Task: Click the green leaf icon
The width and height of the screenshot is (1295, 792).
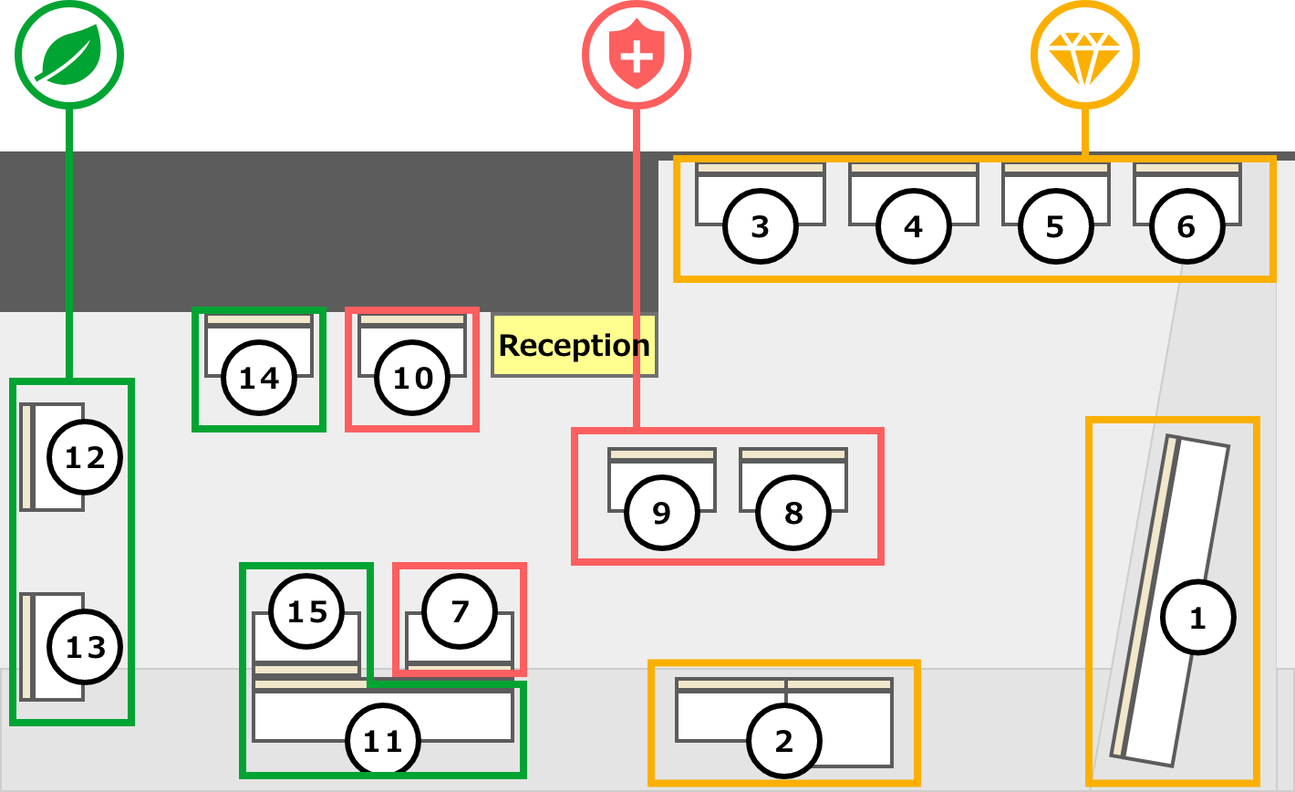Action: point(69,55)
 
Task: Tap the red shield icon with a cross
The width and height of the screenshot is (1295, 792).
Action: point(637,55)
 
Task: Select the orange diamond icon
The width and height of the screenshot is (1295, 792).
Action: point(1085,55)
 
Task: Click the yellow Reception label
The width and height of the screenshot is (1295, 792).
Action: point(574,346)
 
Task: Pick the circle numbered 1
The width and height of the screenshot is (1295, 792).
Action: point(1197,618)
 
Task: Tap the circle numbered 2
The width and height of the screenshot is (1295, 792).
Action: point(784,741)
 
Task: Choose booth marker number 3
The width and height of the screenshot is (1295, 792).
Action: point(760,226)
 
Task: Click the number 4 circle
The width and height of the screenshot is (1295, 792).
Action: point(914,226)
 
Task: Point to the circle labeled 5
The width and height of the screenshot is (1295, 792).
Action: point(1055,226)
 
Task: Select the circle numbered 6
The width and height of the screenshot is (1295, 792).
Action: point(1186,226)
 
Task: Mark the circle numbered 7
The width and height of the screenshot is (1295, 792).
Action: point(460,610)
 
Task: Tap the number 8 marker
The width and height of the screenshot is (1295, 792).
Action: point(793,513)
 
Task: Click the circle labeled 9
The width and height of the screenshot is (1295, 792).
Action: point(662,513)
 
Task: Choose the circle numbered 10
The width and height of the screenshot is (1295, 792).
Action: point(413,377)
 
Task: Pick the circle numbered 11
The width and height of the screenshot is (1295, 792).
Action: point(383,741)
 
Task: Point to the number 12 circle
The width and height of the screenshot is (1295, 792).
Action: point(85,458)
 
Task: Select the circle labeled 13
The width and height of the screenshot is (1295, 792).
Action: point(85,648)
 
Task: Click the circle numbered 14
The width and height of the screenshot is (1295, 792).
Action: point(259,377)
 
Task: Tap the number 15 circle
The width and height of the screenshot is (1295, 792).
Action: point(307,610)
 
